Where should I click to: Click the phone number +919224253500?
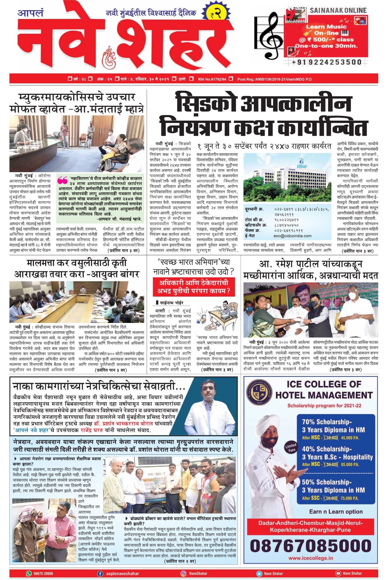point(326,62)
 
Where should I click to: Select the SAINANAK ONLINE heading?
point(338,11)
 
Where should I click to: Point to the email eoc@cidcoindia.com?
point(292,236)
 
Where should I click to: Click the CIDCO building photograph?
point(287,178)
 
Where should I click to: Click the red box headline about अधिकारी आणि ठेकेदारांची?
point(194,287)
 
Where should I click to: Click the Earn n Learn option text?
point(336,511)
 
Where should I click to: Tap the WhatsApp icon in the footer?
point(29,573)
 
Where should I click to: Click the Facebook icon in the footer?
point(100,573)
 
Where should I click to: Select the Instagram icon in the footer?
point(183,573)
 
